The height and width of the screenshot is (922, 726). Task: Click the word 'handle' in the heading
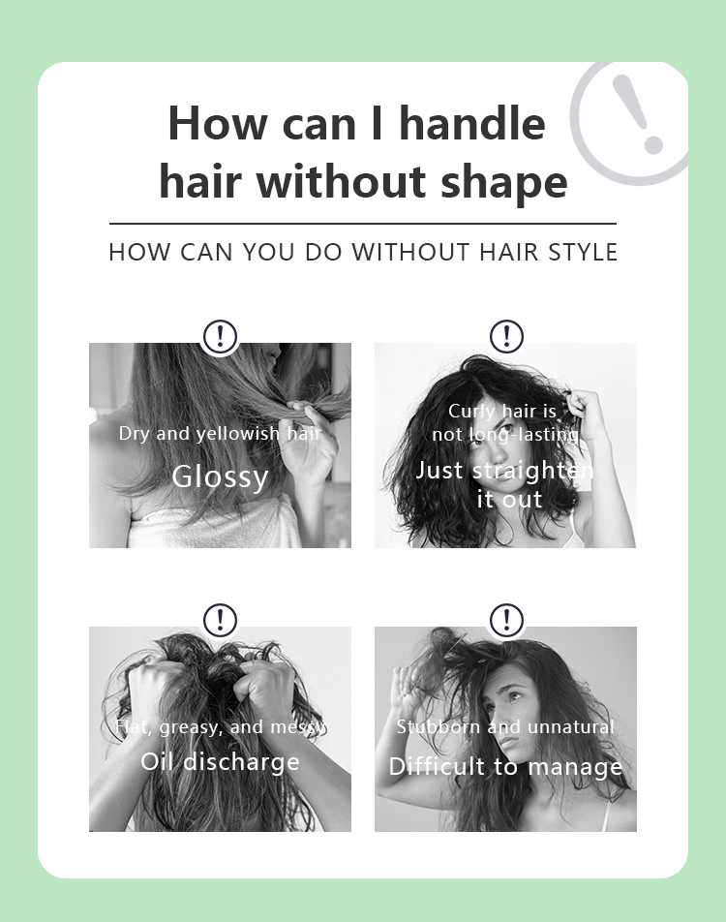[472, 123]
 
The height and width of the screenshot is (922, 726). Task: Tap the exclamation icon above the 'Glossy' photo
[220, 336]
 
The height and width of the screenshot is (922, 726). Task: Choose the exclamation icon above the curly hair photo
[506, 336]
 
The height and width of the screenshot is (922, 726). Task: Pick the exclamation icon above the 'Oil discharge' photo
[220, 620]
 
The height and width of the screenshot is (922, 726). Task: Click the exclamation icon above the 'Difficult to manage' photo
[506, 620]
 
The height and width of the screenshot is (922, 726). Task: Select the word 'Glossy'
[220, 476]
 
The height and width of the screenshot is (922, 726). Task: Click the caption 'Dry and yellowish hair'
[220, 433]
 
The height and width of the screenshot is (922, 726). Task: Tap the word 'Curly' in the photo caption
[469, 412]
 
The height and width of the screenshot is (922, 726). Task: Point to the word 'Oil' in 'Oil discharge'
[158, 761]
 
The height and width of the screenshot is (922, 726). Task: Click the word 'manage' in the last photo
[575, 767]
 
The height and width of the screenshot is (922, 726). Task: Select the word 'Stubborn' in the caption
[439, 726]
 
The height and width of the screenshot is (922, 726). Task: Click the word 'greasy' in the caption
[191, 728]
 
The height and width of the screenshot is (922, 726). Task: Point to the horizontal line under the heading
[363, 224]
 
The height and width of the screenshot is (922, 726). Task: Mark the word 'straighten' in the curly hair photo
[533, 471]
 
